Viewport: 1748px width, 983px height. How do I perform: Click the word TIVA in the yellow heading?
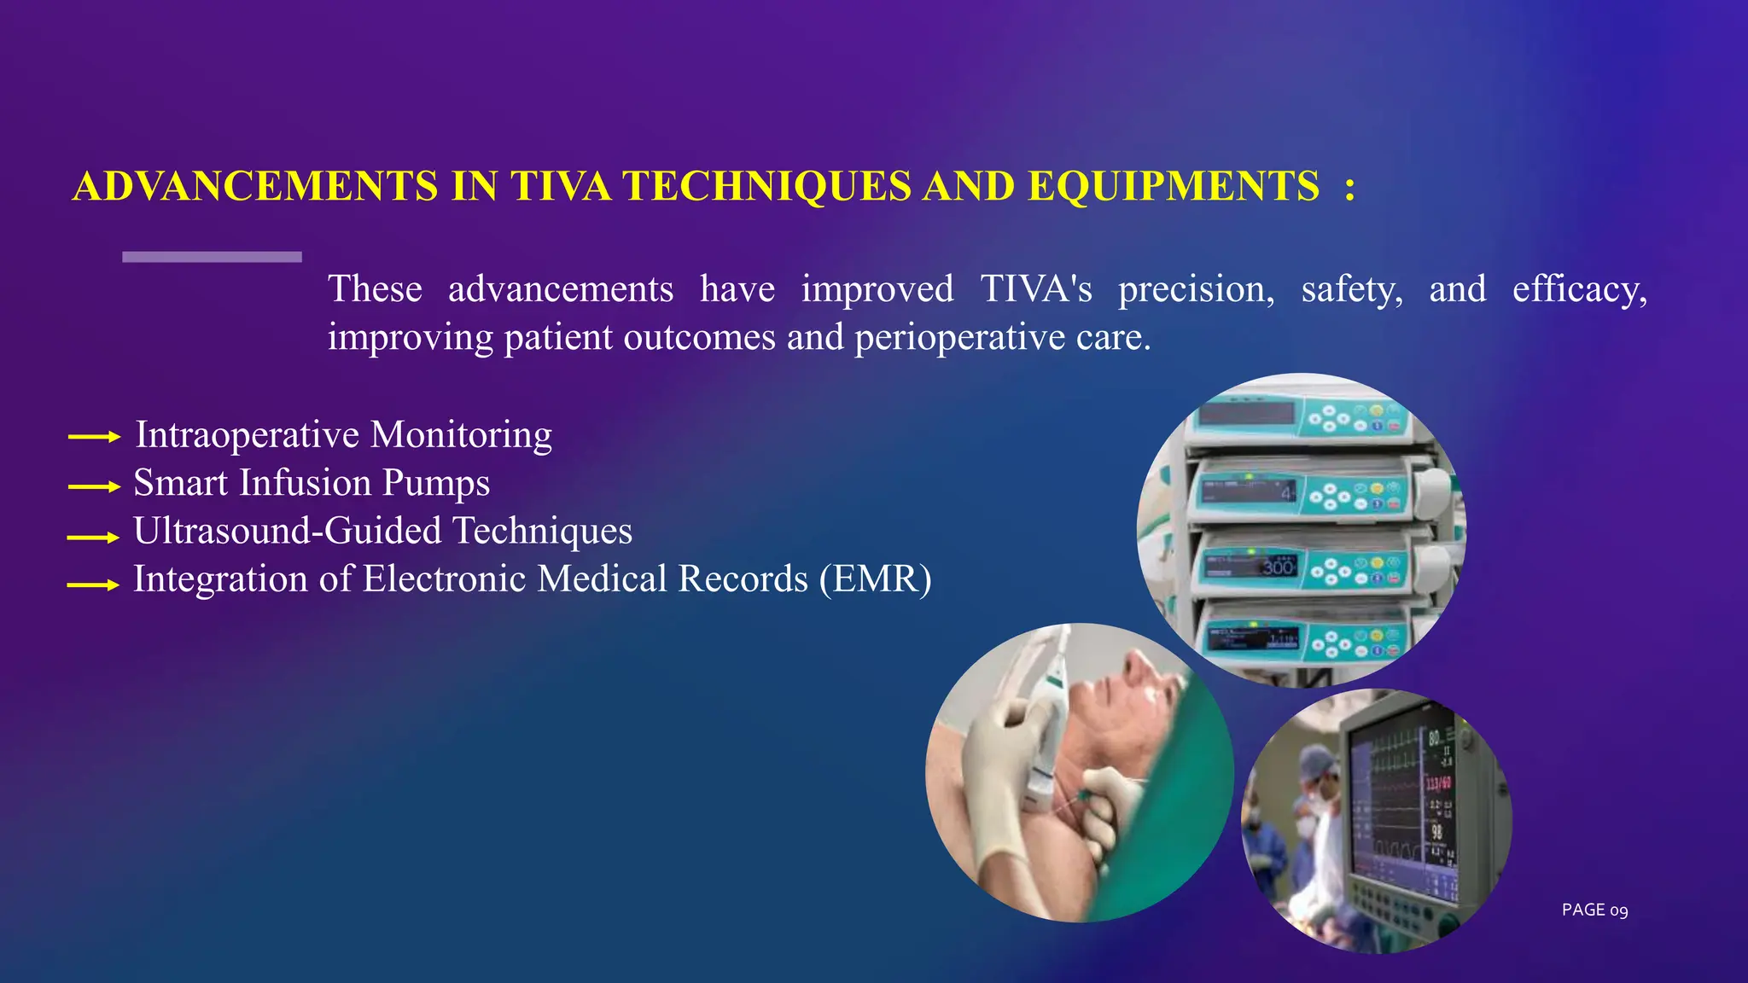pyautogui.click(x=561, y=186)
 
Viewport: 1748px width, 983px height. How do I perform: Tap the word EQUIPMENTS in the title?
pyautogui.click(x=1174, y=186)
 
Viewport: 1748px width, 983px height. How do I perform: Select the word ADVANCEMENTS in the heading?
pyautogui.click(x=255, y=186)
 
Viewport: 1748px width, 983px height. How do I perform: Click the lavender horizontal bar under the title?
pyautogui.click(x=212, y=257)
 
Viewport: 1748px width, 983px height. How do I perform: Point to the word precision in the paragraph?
pyautogui.click(x=1196, y=289)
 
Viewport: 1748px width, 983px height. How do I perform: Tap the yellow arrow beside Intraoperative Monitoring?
pyautogui.click(x=94, y=437)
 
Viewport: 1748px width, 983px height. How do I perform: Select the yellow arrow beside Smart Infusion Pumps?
pyautogui.click(x=94, y=486)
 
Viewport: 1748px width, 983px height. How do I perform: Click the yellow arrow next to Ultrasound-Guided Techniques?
pyautogui.click(x=94, y=537)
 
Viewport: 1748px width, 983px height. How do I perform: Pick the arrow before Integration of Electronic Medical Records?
pyautogui.click(x=94, y=585)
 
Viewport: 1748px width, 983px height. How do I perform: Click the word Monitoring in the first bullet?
pyautogui.click(x=461, y=435)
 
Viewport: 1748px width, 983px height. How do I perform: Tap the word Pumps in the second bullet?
pyautogui.click(x=435, y=483)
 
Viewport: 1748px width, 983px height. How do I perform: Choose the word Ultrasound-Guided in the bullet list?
pyautogui.click(x=287, y=531)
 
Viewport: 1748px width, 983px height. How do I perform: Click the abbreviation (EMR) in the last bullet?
pyautogui.click(x=875, y=579)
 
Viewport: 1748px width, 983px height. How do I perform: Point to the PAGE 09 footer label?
pyautogui.click(x=1594, y=910)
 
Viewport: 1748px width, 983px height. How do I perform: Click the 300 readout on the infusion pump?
pyautogui.click(x=1278, y=567)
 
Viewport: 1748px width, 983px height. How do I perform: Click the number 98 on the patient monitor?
pyautogui.click(x=1436, y=831)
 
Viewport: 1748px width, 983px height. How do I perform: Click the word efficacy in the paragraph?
pyautogui.click(x=1578, y=289)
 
